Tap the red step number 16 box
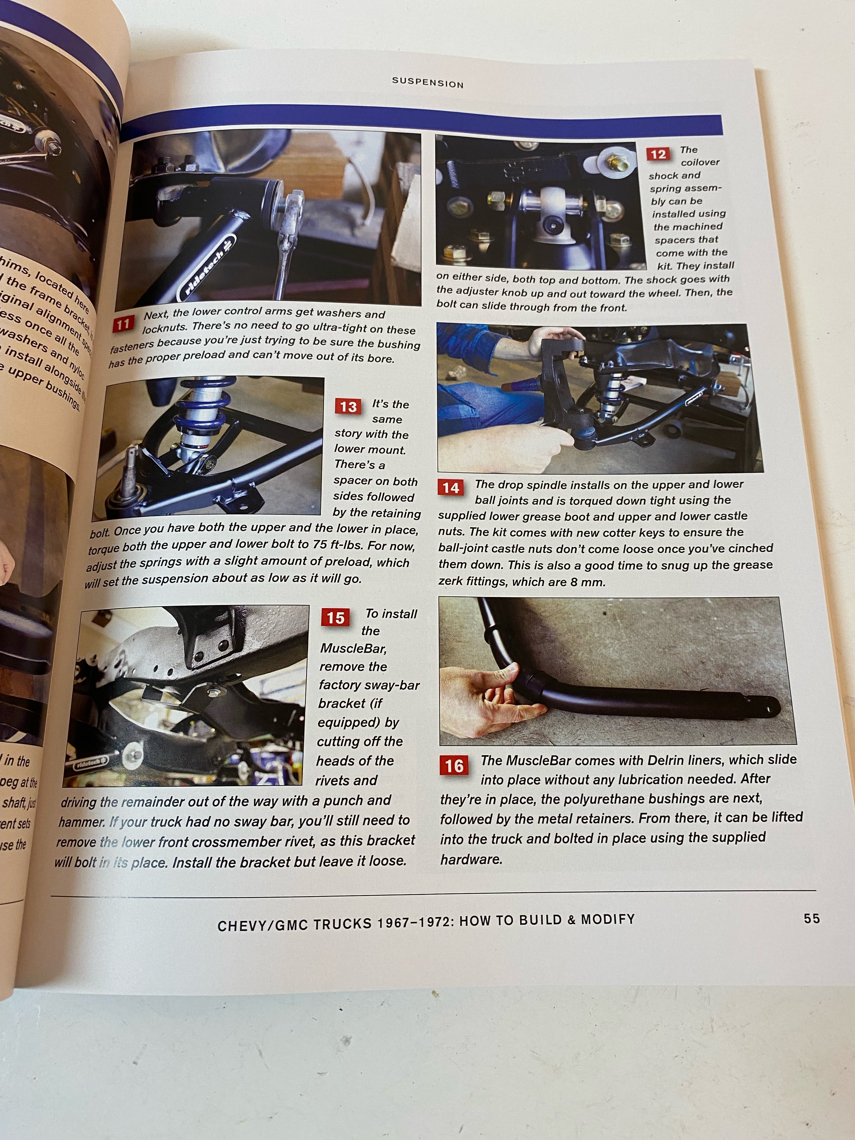coord(454,766)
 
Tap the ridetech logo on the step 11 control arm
coord(206,268)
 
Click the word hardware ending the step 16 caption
coord(470,859)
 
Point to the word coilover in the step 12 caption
coord(699,162)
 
